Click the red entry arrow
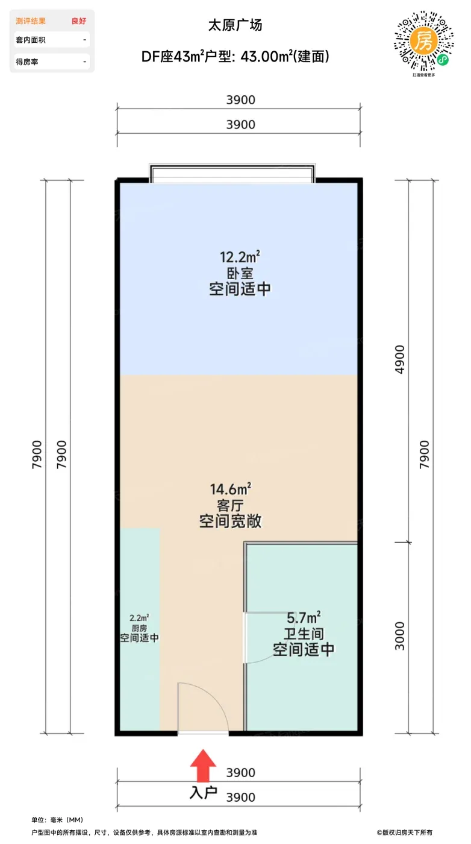(203, 765)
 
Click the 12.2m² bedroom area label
(240, 257)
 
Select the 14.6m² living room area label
(231, 489)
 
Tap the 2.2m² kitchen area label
(139, 618)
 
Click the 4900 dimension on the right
(399, 359)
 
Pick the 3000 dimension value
(399, 636)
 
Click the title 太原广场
(235, 25)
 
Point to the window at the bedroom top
(232, 174)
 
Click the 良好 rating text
(79, 21)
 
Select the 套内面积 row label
(31, 40)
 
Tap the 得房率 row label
(27, 61)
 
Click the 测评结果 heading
(31, 21)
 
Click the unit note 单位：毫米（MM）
(57, 819)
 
